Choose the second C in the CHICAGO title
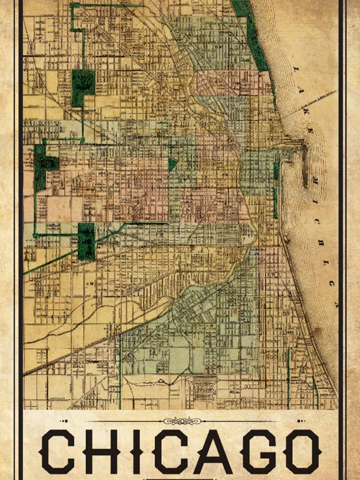171,451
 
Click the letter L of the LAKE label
295,70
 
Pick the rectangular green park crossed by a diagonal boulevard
86,241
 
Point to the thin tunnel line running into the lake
306,102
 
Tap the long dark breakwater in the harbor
305,171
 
